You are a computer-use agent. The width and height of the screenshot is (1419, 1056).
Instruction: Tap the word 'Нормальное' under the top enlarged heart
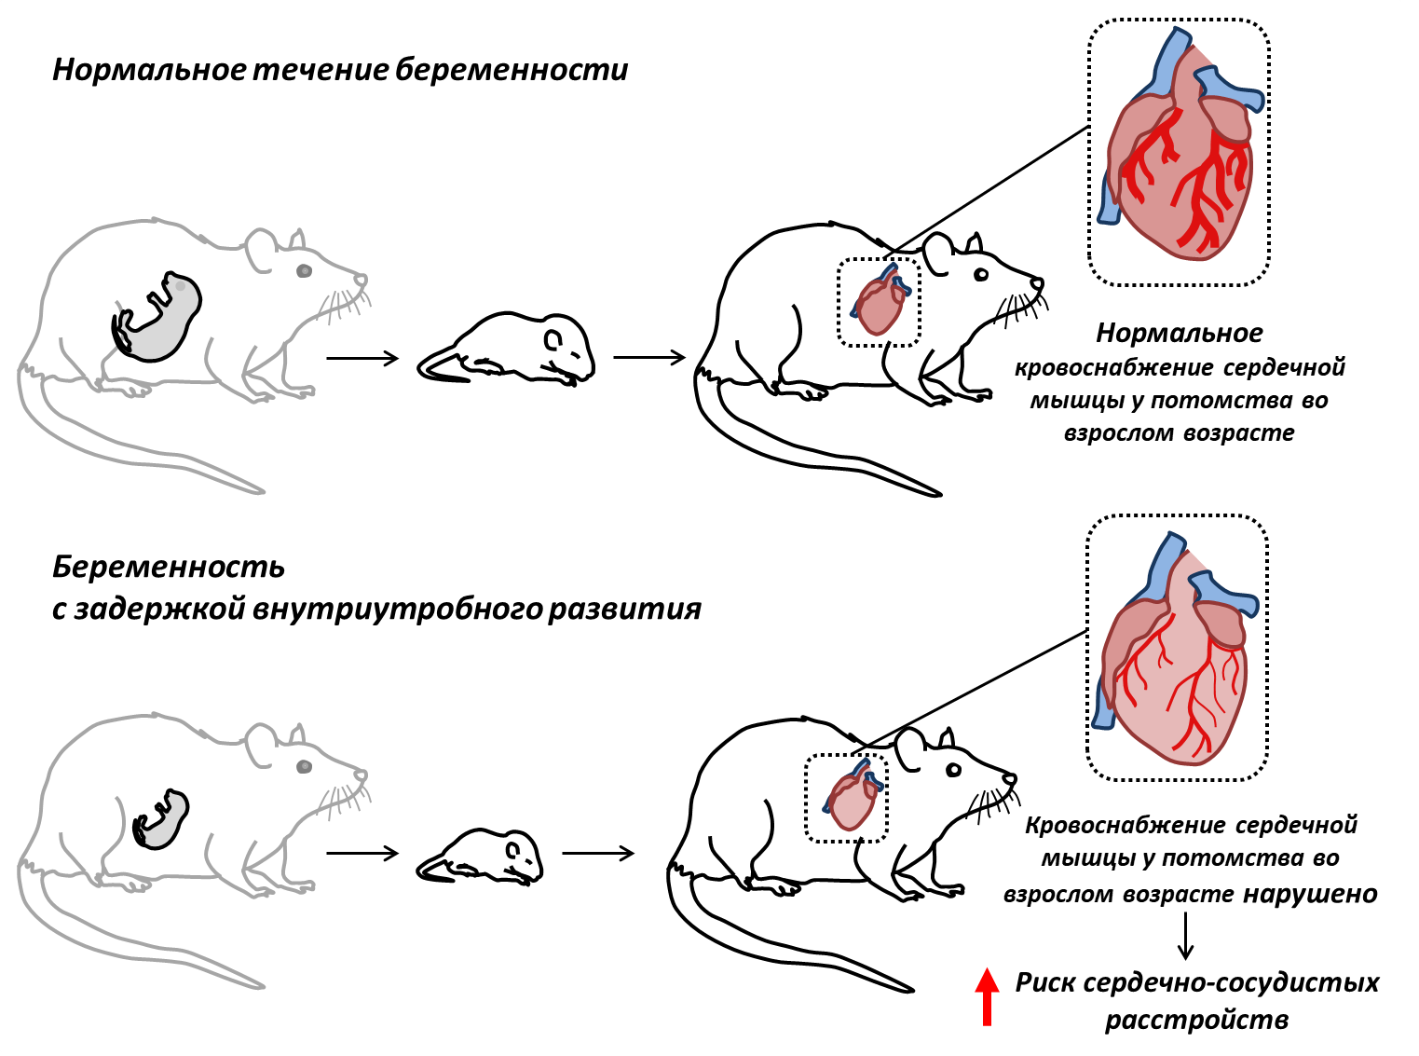point(1180,333)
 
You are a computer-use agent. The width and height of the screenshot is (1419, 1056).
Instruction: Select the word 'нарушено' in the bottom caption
point(1310,894)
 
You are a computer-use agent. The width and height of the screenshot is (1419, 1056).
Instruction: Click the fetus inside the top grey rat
point(157,317)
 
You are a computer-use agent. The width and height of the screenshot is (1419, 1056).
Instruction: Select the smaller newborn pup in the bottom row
point(480,857)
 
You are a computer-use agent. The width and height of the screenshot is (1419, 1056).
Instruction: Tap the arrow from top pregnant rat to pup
point(362,358)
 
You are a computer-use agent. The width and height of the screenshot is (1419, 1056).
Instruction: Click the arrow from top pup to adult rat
point(649,357)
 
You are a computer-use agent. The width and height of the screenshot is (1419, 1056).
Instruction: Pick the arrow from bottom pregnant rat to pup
point(362,853)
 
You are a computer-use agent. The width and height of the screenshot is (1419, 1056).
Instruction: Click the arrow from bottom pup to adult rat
point(598,853)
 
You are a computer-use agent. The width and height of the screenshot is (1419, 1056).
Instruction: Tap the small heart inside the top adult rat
point(880,300)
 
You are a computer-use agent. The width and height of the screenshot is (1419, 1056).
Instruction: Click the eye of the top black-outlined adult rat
point(981,275)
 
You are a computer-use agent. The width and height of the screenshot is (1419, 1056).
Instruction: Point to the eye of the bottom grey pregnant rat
point(304,766)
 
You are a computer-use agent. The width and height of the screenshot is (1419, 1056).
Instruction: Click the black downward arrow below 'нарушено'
point(1185,936)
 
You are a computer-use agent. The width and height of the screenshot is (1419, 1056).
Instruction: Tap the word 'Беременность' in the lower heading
point(169,567)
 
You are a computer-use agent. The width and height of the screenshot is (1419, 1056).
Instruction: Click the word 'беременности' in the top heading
point(512,70)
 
